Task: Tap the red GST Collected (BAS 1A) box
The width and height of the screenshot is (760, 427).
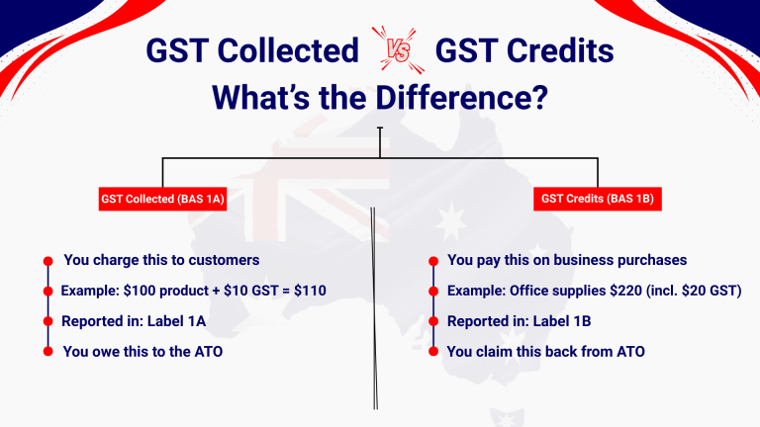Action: [163, 200]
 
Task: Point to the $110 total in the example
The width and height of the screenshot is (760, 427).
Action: [310, 291]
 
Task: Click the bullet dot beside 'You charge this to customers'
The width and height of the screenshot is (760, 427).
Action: [47, 261]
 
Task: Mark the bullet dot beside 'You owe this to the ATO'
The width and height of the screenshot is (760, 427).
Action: [47, 352]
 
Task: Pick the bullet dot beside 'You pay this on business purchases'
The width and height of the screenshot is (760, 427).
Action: [432, 261]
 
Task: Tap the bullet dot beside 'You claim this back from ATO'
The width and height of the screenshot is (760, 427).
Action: [432, 352]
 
